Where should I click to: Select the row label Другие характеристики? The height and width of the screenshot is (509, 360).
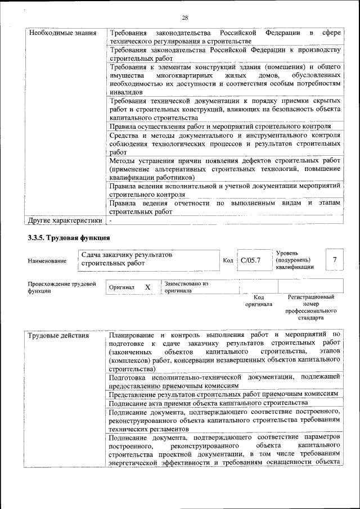[65, 220]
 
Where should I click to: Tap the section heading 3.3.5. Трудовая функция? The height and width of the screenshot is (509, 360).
[69, 238]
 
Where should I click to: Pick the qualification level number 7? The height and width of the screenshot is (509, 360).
[335, 259]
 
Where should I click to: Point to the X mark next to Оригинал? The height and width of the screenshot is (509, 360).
[148, 287]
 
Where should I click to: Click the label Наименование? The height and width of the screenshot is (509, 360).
[47, 260]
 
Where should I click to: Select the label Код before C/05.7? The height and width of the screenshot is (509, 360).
[228, 260]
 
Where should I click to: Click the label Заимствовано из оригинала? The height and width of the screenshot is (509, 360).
[186, 287]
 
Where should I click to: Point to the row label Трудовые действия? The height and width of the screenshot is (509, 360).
[58, 336]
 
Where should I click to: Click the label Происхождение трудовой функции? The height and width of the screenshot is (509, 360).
[61, 287]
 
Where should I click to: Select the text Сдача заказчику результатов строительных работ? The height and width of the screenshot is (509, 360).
[127, 259]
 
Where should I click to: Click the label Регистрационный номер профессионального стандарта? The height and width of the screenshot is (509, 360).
[310, 307]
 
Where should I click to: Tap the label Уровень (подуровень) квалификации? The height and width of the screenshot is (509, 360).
[294, 260]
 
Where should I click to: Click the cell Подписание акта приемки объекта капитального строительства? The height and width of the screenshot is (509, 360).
[208, 403]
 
